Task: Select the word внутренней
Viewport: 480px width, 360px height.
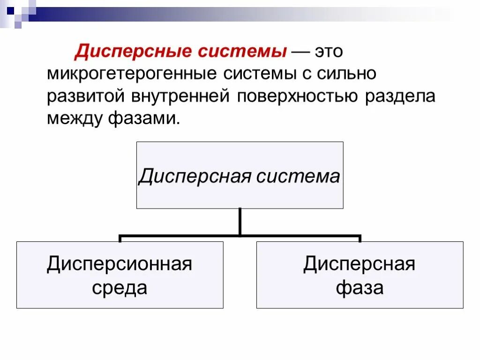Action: point(180,97)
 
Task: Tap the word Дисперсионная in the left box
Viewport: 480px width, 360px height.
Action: point(120,264)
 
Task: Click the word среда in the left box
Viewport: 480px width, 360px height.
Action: point(120,287)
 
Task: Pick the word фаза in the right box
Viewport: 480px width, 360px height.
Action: point(360,287)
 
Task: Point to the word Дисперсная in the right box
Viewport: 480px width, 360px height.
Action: point(360,264)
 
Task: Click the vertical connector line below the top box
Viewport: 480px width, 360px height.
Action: point(240,221)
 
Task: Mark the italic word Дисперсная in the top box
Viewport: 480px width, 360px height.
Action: point(189,176)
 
